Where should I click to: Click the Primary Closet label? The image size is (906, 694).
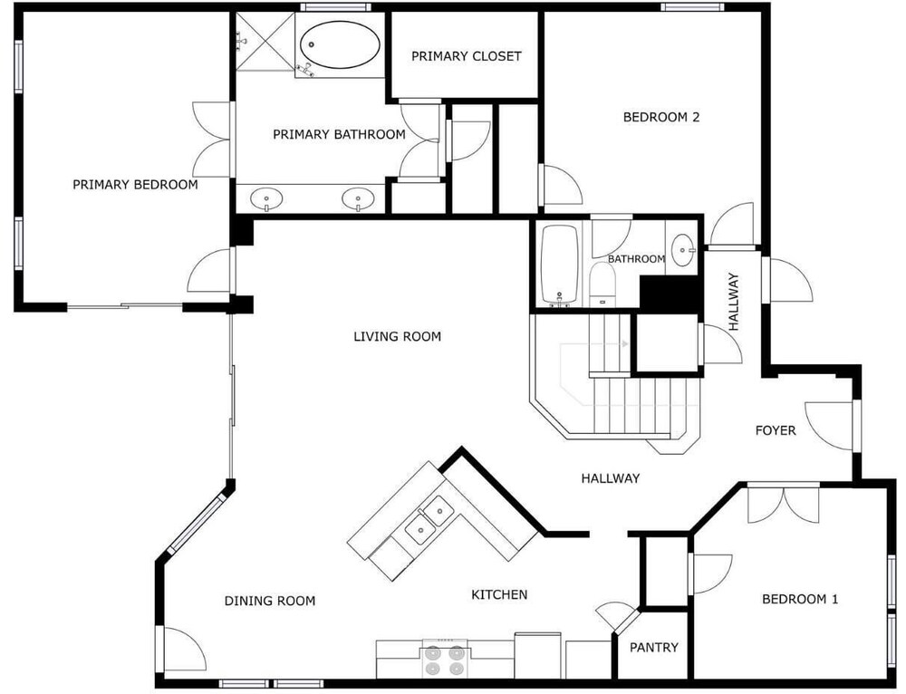pyautogui.click(x=467, y=56)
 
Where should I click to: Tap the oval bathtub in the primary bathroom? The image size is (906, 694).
pyautogui.click(x=341, y=45)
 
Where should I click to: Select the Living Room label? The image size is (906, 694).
pyautogui.click(x=397, y=336)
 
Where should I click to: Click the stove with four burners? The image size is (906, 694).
pyautogui.click(x=445, y=658)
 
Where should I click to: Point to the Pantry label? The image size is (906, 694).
pyautogui.click(x=653, y=648)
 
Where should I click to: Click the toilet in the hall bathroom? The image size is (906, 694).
pyautogui.click(x=602, y=284)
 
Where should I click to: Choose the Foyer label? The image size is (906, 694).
pyautogui.click(x=776, y=430)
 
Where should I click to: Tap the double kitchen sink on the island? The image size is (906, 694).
pyautogui.click(x=428, y=518)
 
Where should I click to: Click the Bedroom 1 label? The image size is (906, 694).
pyautogui.click(x=800, y=599)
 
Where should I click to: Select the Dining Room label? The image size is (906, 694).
pyautogui.click(x=270, y=601)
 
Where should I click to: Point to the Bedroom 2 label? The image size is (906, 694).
pyautogui.click(x=661, y=117)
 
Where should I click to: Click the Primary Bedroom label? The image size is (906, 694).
pyautogui.click(x=135, y=184)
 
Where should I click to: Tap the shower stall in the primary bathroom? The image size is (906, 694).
pyautogui.click(x=265, y=42)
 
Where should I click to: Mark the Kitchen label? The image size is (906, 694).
pyautogui.click(x=499, y=594)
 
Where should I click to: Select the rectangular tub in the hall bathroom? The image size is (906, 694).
pyautogui.click(x=559, y=265)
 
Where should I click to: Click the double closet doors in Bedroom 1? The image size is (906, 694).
pyautogui.click(x=784, y=506)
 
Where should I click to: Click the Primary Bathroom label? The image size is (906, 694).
pyautogui.click(x=339, y=135)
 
